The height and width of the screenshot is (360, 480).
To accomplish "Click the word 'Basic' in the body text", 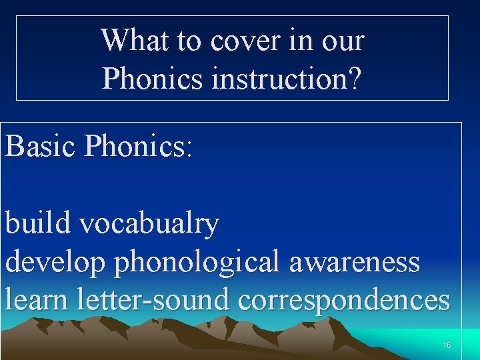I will tap(41, 145).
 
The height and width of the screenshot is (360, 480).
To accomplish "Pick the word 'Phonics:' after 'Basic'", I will tap(138, 145).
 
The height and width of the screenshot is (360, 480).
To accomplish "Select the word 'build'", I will tap(39, 224).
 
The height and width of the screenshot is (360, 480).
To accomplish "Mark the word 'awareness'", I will tap(355, 262).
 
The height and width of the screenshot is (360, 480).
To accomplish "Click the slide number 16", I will tap(447, 345).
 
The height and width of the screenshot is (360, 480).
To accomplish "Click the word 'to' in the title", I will tap(190, 41).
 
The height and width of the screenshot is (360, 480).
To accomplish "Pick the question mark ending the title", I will tap(355, 79).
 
